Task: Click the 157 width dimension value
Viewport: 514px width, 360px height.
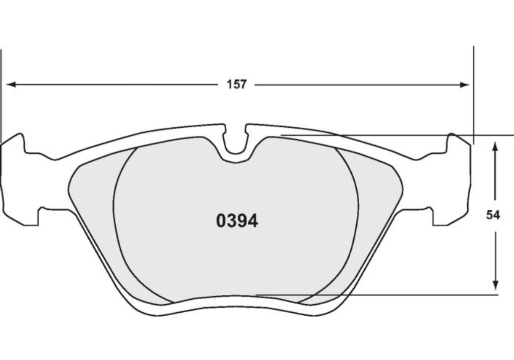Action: click(x=236, y=85)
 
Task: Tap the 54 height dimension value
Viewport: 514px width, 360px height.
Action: click(x=493, y=215)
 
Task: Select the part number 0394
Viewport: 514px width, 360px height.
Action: click(x=237, y=221)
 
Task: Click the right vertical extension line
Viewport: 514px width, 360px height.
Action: click(x=474, y=91)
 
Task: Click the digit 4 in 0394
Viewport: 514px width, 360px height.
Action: click(x=252, y=221)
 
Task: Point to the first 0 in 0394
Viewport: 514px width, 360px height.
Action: click(x=222, y=221)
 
